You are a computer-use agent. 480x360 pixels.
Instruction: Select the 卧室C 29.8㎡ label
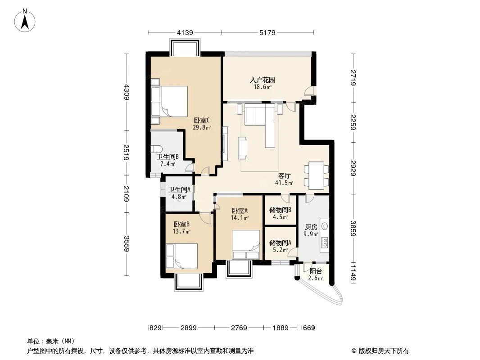[x=202, y=123]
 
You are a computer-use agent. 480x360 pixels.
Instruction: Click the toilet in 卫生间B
[x=157, y=149]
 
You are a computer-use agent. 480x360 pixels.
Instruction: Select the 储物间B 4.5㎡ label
[x=280, y=213]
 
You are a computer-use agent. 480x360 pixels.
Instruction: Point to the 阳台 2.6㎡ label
[x=316, y=274]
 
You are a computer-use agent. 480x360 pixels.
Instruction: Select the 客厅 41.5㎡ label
[x=284, y=179]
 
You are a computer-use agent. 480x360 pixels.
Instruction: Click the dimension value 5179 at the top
[x=267, y=32]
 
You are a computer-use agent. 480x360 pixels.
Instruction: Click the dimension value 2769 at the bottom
[x=239, y=328]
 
